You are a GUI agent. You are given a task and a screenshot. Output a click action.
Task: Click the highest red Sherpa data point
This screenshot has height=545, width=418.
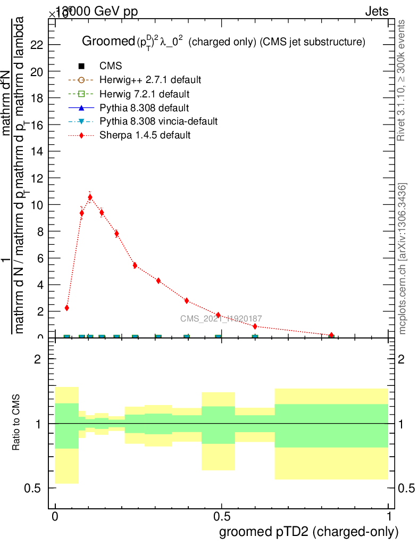coord(90,197)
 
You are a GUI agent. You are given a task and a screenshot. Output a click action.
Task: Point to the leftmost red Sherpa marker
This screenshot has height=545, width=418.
coord(66,308)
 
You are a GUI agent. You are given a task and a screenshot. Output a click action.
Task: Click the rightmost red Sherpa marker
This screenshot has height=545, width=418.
coord(331,335)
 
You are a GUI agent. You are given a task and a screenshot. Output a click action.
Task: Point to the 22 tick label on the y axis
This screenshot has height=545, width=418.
coord(37,45)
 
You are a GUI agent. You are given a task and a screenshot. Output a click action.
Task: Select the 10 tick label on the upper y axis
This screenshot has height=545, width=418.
coord(37,204)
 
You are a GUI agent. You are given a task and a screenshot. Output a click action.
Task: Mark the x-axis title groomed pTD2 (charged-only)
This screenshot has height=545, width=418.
coord(308,532)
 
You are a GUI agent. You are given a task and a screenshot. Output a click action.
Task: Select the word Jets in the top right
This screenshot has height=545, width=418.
coord(377,12)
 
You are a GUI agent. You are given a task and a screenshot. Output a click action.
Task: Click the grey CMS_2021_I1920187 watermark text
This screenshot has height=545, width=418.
coord(221,319)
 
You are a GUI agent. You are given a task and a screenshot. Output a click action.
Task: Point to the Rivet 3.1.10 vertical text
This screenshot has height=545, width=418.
coord(402,80)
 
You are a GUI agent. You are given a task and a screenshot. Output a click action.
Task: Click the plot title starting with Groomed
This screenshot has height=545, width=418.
coord(223,42)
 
